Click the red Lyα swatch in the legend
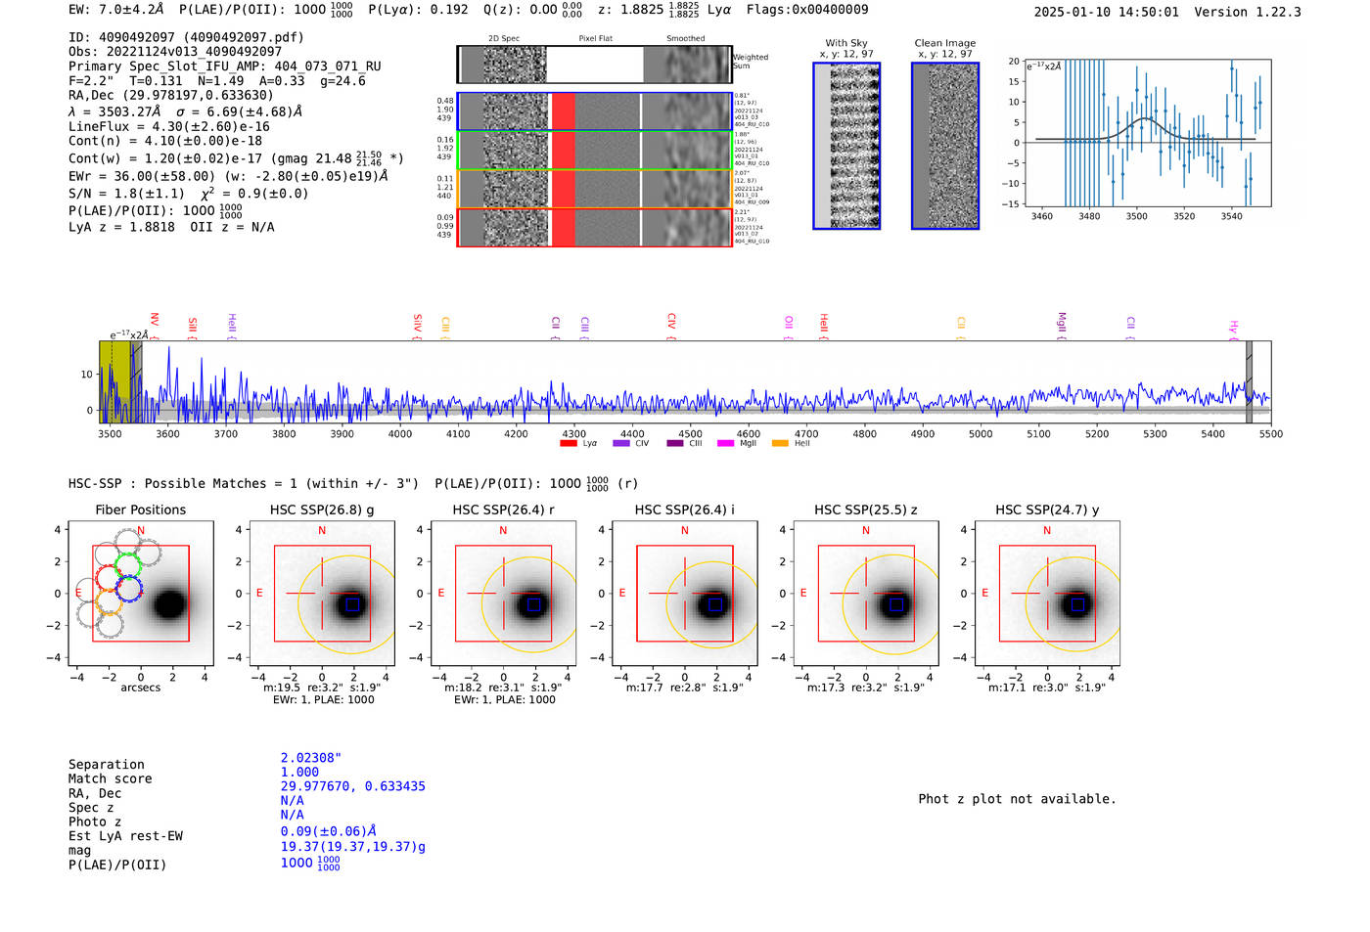point(568,444)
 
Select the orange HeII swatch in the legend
point(780,444)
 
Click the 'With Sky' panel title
point(846,43)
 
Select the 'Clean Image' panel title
point(945,43)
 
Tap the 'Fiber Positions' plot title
point(141,510)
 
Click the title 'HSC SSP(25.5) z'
point(865,510)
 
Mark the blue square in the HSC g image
point(352,604)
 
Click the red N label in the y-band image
point(1047,531)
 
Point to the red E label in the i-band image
point(622,594)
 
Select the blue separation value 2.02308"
point(311,758)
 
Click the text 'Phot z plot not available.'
point(1017,799)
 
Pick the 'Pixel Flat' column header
point(595,39)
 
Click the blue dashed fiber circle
point(128,588)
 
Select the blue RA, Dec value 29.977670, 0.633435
point(353,786)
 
